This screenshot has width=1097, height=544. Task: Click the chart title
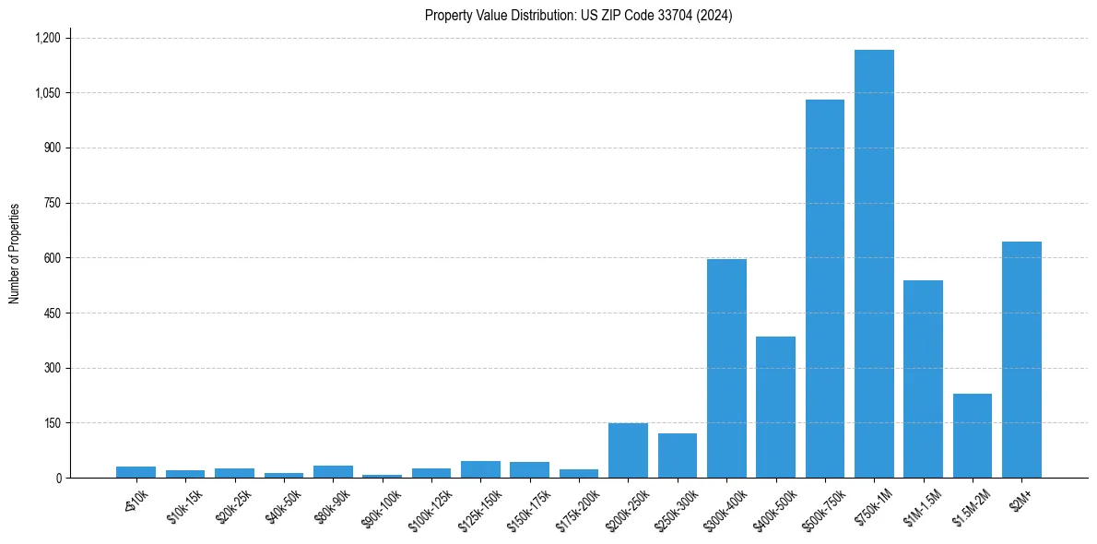click(578, 15)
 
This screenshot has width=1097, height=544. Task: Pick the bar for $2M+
click(1021, 360)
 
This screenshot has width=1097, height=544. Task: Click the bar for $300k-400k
click(726, 369)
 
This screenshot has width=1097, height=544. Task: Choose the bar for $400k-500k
click(775, 408)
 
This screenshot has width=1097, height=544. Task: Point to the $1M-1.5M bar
click(923, 379)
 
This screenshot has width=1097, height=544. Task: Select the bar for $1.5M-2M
click(972, 436)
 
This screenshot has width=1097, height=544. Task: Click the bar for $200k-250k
click(628, 451)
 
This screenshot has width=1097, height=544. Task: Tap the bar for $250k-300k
click(678, 455)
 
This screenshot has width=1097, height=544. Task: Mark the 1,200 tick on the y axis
click(47, 38)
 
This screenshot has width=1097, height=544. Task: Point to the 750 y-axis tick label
click(52, 203)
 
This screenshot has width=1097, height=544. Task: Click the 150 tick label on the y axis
click(52, 423)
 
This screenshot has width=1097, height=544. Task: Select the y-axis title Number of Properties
click(15, 254)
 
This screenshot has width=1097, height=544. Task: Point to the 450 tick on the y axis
click(52, 313)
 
